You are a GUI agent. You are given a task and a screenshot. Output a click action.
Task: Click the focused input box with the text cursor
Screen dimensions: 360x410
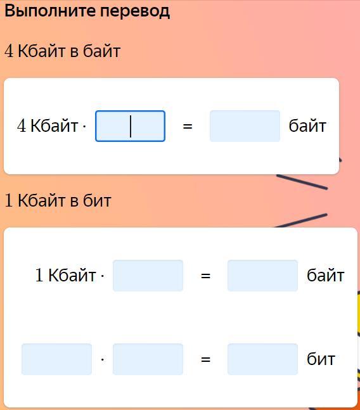130,126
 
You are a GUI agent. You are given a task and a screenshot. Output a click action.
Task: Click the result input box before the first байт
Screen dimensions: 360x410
245,126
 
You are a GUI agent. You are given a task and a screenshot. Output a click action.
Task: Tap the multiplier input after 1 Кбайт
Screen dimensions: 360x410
148,276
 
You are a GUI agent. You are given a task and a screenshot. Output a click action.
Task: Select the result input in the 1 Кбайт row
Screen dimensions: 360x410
262,276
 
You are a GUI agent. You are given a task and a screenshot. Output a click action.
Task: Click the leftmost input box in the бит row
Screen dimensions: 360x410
57,359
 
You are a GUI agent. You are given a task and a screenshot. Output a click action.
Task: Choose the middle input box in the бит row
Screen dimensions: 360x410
148,359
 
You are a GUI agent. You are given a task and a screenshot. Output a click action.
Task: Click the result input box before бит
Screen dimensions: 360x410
262,359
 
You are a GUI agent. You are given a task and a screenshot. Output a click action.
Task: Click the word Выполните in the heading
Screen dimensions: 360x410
50,11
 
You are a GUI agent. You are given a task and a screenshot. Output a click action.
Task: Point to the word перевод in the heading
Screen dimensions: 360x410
135,11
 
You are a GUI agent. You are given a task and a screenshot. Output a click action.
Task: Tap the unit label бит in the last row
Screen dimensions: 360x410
321,359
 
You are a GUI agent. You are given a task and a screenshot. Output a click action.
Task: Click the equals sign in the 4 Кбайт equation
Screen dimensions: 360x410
188,126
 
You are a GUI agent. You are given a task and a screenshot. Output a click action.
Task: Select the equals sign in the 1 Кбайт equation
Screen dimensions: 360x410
205,276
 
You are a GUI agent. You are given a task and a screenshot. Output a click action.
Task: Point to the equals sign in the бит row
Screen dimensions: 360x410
205,359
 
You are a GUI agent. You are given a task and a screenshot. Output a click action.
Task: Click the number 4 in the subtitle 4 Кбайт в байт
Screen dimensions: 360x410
9,51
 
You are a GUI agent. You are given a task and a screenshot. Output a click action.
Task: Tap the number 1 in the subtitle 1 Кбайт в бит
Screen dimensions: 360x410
9,200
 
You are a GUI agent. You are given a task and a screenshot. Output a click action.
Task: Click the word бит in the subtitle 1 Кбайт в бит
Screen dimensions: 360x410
97,200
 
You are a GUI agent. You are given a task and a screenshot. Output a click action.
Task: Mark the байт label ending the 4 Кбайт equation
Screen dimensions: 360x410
307,125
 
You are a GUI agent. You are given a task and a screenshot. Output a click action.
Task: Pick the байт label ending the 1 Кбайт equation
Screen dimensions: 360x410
326,275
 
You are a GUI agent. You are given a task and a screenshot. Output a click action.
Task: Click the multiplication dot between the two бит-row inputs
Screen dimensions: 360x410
103,360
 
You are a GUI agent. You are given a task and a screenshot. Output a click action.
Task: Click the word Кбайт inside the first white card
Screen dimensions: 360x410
55,125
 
